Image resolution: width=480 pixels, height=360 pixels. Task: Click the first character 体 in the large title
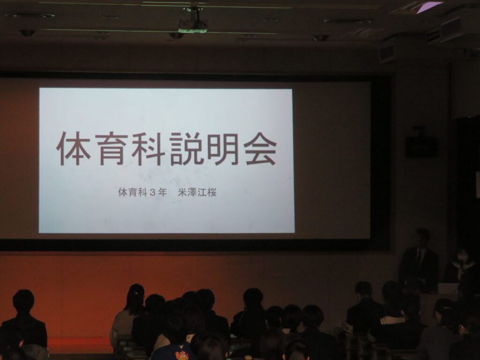(74, 149)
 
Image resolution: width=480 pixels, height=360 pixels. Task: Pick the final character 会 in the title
(260, 149)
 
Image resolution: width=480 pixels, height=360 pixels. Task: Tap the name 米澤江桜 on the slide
(197, 192)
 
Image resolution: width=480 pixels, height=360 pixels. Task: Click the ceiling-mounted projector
(193, 25)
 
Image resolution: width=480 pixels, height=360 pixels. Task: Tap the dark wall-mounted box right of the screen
(421, 146)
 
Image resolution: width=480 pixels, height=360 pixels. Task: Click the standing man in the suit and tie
(419, 260)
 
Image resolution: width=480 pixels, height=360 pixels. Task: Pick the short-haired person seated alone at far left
(23, 322)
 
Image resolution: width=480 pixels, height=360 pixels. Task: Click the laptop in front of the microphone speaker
(448, 288)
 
